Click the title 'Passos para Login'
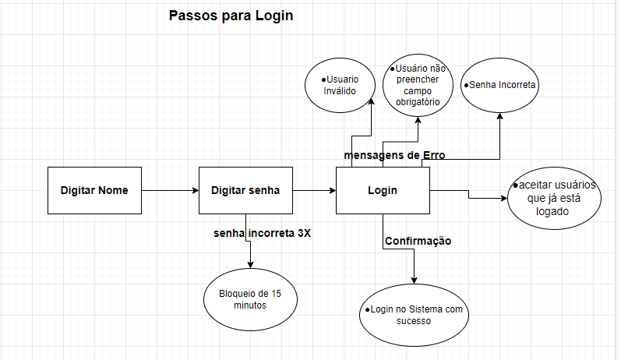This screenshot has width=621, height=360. tap(231, 16)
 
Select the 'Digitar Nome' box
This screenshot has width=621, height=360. tap(94, 190)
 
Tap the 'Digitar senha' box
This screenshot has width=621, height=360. tap(245, 190)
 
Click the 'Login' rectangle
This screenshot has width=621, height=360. tap(382, 190)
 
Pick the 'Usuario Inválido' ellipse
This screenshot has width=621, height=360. tap(339, 84)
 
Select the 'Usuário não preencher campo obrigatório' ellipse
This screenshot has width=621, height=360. tap(418, 85)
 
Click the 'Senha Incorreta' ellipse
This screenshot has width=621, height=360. tap(501, 84)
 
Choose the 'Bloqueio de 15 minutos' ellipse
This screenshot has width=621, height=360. tap(250, 299)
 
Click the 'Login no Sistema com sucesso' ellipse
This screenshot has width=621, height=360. tap(414, 315)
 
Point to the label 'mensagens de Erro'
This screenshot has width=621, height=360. tap(394, 155)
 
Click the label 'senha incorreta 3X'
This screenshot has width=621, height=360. tap(262, 233)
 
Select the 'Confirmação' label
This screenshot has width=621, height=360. tap(418, 241)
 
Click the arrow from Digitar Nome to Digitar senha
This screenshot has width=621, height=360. tap(170, 190)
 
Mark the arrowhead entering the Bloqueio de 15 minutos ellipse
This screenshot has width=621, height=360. tap(250, 266)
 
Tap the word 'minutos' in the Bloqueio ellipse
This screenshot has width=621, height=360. tap(250, 305)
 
